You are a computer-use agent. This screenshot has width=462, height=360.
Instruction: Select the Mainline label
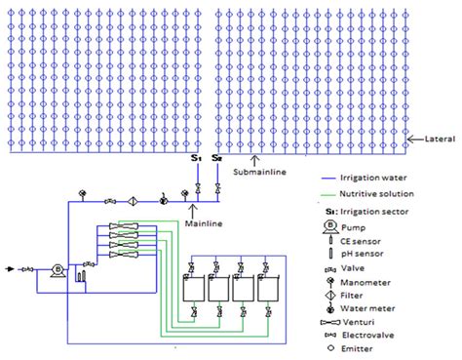click(203, 223)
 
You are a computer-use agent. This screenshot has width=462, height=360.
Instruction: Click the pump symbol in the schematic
click(57, 269)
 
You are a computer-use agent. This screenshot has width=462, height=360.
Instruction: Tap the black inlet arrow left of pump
click(12, 268)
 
